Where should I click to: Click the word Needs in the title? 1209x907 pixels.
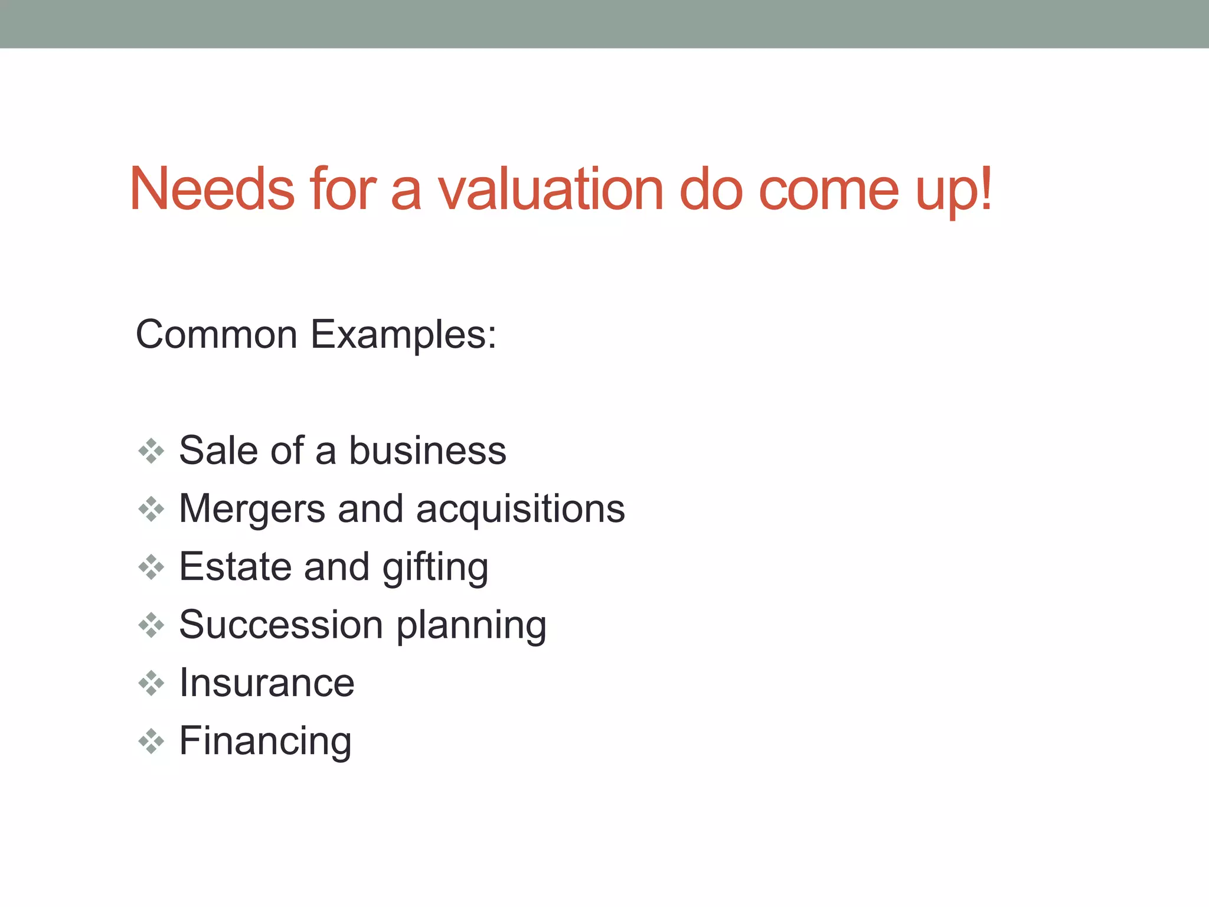(212, 188)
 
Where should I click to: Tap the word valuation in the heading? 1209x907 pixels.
(550, 188)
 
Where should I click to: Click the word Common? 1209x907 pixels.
(216, 334)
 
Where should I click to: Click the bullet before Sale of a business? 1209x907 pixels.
(151, 451)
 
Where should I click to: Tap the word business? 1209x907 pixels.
(427, 450)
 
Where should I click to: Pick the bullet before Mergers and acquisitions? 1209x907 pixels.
(151, 509)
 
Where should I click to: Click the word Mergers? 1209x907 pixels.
(251, 509)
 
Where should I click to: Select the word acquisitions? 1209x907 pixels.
(520, 509)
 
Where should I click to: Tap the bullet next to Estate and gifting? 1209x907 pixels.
(151, 567)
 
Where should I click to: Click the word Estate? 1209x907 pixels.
(235, 566)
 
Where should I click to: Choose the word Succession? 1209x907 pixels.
(281, 624)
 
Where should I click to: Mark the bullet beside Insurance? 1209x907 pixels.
(151, 683)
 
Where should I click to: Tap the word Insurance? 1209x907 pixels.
(266, 683)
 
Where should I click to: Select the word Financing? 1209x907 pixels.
(265, 741)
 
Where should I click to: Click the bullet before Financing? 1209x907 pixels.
(151, 741)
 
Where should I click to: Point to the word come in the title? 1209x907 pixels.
(828, 190)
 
